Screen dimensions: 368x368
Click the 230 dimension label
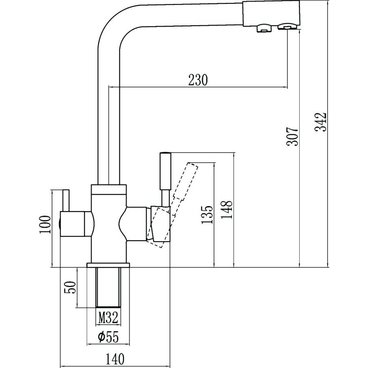[198, 80]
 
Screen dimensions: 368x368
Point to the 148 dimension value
[228, 209]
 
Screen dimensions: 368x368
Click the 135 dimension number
[208, 214]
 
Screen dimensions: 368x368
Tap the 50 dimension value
[71, 287]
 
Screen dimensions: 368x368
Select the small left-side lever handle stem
[65, 200]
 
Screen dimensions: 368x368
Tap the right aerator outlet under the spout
[287, 27]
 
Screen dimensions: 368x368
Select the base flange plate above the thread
[109, 265]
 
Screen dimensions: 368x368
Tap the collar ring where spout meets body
[109, 189]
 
